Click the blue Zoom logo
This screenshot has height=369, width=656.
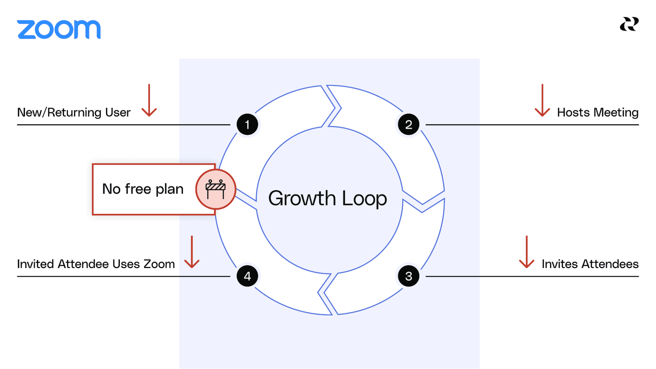point(59,30)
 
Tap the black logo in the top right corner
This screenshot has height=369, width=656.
point(629,24)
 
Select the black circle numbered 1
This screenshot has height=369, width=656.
point(247,125)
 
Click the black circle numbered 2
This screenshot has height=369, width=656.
point(409,125)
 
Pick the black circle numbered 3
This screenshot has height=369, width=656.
point(409,276)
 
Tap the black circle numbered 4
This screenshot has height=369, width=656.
point(247,276)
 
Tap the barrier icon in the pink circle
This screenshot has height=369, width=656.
point(216,189)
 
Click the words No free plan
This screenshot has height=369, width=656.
point(143,189)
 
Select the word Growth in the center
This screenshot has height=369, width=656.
point(302,198)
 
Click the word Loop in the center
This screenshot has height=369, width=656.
point(364,198)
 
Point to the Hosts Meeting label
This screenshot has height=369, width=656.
point(598,113)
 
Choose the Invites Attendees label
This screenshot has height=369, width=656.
point(590,264)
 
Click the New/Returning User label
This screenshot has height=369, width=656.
point(74,113)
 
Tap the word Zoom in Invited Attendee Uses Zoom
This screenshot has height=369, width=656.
point(159,264)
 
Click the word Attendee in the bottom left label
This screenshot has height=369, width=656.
point(84,264)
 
